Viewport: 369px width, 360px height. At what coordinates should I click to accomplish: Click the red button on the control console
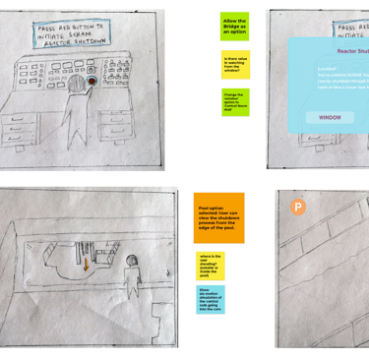[x=92, y=83]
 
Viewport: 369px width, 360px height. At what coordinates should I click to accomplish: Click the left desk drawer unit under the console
[x=22, y=130]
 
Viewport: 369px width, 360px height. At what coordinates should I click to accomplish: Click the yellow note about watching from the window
[x=235, y=65]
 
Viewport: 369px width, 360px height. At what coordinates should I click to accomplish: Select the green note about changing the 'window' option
[x=234, y=102]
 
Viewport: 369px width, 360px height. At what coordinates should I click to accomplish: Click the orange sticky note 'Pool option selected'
[x=218, y=217]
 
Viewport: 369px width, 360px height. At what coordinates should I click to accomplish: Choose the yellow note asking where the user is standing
[x=211, y=266]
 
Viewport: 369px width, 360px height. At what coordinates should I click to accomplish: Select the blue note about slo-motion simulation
[x=211, y=299]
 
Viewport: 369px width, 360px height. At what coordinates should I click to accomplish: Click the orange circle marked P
[x=298, y=207]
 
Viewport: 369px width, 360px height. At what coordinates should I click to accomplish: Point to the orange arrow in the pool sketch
[x=86, y=264]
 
